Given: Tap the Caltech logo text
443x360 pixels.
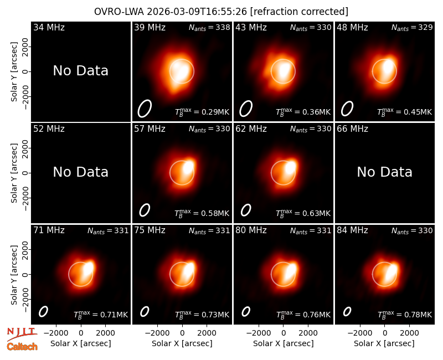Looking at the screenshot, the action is tap(22, 347).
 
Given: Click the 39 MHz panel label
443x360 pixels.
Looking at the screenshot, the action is tap(150, 27).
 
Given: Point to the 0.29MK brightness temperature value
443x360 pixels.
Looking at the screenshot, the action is tap(215, 112).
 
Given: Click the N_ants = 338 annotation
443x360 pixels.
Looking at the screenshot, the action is tap(209, 27).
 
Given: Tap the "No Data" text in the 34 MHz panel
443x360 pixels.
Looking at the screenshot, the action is tap(80, 71).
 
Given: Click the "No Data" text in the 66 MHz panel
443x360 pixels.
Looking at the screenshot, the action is tap(384, 172).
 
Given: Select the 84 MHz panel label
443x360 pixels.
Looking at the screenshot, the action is tap(352, 230).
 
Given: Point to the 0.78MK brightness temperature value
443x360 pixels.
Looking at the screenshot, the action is tap(418, 315).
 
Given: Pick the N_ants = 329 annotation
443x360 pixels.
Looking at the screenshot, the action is tap(412, 27).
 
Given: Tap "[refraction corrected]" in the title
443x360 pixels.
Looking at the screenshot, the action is tap(299, 12).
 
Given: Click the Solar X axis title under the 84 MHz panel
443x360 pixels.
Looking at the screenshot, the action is tap(384, 343).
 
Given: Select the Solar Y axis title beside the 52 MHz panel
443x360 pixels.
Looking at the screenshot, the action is tap(14, 173).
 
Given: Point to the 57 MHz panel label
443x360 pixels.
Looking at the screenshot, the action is tap(150, 129).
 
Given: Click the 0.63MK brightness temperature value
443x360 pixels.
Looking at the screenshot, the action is tap(316, 213).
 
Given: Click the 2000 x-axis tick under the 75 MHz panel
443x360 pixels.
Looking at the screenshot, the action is tap(207, 333).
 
